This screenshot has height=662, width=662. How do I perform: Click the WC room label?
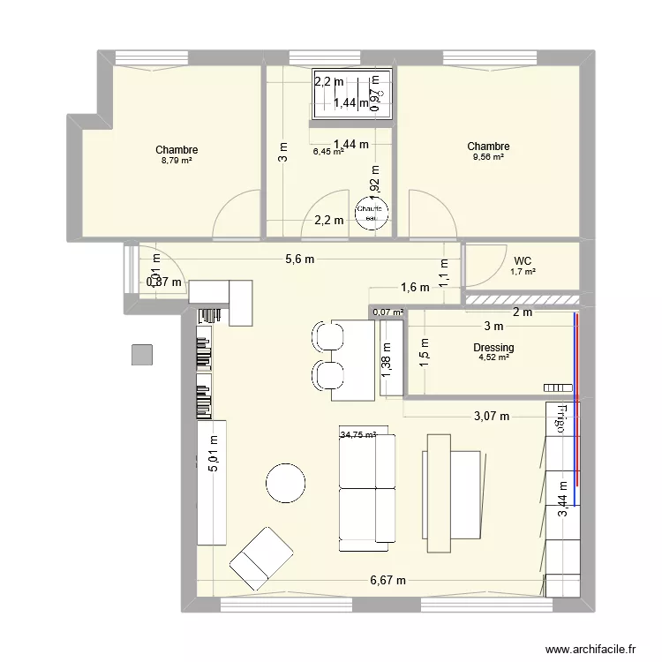tap(522, 260)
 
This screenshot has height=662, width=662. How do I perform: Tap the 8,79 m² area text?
tap(177, 162)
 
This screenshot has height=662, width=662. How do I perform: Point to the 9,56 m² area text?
tap(488, 157)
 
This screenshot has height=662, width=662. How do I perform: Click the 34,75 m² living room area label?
tap(357, 434)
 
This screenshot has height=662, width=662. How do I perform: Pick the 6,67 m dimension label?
tap(387, 580)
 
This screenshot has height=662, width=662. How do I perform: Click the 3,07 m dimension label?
tap(490, 416)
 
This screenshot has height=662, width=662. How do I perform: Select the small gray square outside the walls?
tap(142, 354)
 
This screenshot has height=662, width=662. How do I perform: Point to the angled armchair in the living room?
tap(262, 555)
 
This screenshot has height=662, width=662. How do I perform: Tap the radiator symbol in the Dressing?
tap(558, 387)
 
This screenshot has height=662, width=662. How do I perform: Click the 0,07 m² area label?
tap(387, 312)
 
